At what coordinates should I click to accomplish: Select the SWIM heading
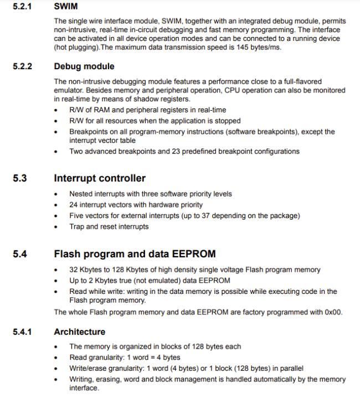(x=65, y=7)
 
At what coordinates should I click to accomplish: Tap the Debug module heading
(x=84, y=66)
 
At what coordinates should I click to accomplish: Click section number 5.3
(x=20, y=178)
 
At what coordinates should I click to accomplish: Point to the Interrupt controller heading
(x=100, y=178)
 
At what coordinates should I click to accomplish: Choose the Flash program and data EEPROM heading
(x=135, y=255)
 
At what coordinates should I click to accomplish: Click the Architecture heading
(x=79, y=332)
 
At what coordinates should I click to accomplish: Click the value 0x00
(x=333, y=312)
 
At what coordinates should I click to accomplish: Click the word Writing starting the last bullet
(x=81, y=380)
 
